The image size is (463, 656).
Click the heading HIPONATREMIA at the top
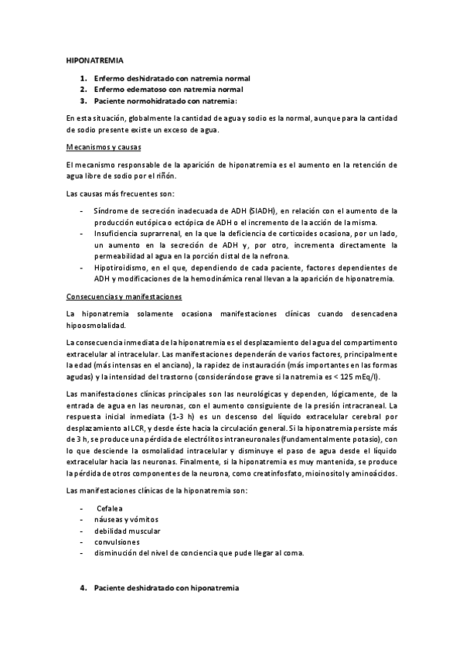point(90,59)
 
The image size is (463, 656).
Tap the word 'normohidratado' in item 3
point(155,101)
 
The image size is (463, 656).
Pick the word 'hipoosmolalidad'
point(96,326)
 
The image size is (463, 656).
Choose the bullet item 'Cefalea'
point(110,508)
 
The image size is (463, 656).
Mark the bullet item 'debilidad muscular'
point(128,531)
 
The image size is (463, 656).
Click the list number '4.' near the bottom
point(83,588)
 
